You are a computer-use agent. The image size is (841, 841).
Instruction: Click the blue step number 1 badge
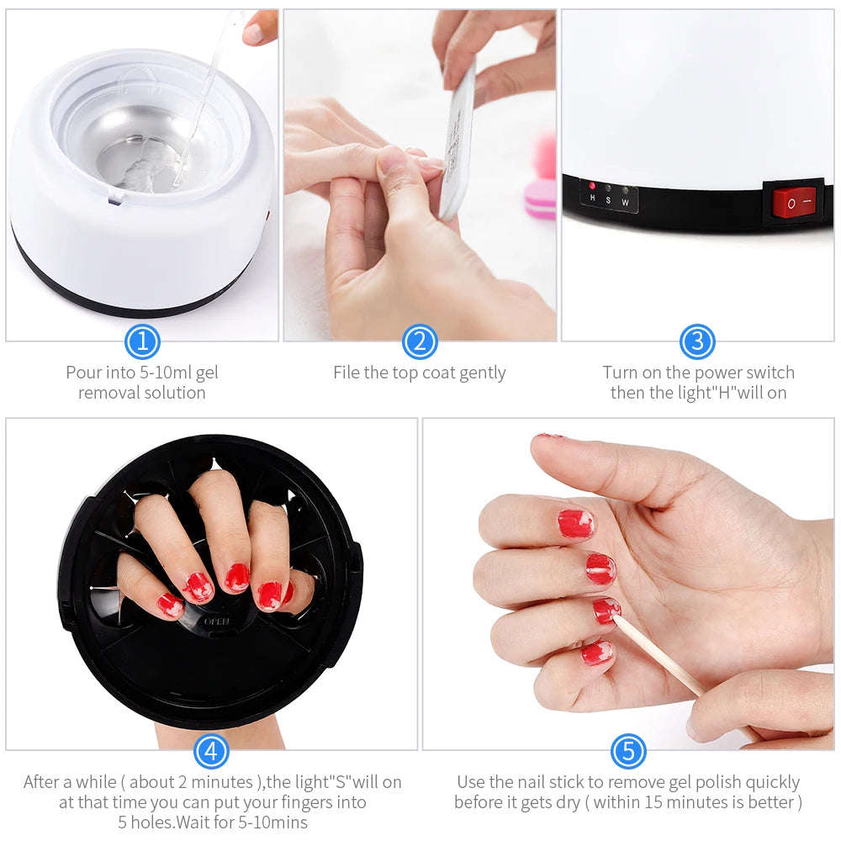click(x=142, y=341)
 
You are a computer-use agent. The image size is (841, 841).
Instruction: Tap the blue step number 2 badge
click(x=420, y=341)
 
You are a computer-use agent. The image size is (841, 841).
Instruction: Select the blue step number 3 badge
click(x=697, y=341)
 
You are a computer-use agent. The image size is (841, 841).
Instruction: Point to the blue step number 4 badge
click(x=211, y=750)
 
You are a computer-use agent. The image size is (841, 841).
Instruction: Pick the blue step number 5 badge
click(x=628, y=750)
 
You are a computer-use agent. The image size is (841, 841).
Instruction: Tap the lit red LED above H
click(x=592, y=186)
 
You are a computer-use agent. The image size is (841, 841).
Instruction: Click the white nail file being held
click(x=458, y=143)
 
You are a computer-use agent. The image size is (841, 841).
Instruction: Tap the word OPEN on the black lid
click(x=217, y=621)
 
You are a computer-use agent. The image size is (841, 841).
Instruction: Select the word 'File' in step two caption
click(x=346, y=373)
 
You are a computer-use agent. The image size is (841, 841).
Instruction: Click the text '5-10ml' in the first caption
click(x=160, y=373)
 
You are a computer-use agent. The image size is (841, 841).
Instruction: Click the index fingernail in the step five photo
click(x=576, y=523)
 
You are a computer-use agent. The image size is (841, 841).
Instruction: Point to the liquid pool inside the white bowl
click(x=139, y=160)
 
